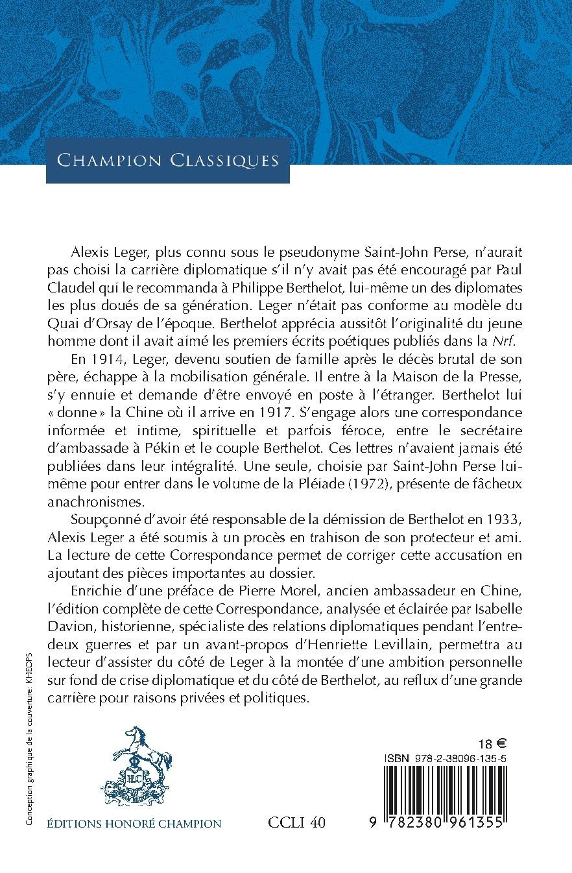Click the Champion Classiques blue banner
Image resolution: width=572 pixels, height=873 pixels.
(x=167, y=160)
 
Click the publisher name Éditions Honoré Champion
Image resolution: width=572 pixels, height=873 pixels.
(x=134, y=824)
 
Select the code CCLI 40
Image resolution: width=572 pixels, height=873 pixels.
(x=296, y=823)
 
